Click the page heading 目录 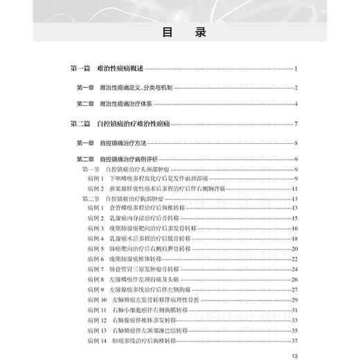tap(179, 32)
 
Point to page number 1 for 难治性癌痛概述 tap(296, 69)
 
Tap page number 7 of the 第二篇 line tap(296, 125)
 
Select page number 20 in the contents tap(294, 248)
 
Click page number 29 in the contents tap(294, 299)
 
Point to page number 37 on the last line tap(294, 340)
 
